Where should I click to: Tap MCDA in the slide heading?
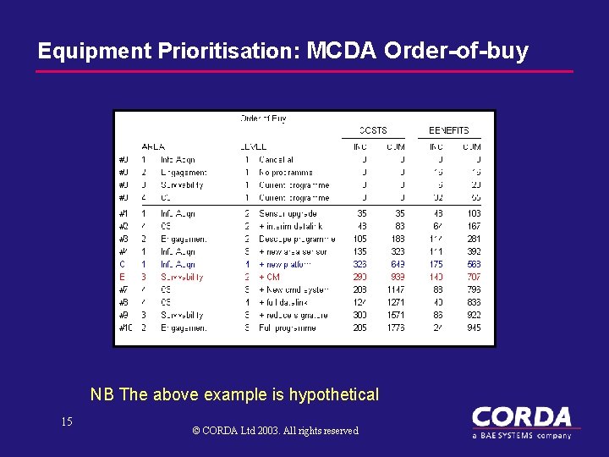pos(341,51)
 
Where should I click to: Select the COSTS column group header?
pos(372,130)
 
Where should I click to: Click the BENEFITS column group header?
pos(448,130)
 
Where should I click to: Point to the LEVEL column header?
pos(254,146)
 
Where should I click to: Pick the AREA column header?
pos(152,146)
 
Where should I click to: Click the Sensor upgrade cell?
pos(288,213)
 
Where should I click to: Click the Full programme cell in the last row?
pos(288,328)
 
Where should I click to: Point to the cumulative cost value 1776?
pos(395,328)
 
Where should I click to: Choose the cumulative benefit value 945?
pos(473,328)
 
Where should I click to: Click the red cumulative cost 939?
pos(396,277)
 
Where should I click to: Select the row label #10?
pos(125,328)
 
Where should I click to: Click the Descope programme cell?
pos(293,239)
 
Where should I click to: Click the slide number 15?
pos(67,421)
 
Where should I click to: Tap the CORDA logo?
pos(521,421)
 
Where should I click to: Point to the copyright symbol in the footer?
pos(196,431)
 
